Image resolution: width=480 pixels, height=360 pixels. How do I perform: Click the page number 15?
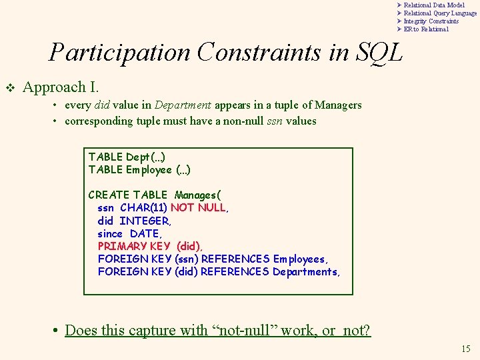(465, 349)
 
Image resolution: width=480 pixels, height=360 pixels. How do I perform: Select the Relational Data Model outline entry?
(434, 5)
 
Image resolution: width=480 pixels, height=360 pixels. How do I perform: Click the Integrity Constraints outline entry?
(431, 21)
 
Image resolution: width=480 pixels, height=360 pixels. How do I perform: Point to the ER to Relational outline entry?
(426, 29)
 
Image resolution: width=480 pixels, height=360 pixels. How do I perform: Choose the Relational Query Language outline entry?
(440, 13)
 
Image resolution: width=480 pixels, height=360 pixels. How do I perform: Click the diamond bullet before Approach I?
(10, 87)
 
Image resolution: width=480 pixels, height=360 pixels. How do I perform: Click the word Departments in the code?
(305, 271)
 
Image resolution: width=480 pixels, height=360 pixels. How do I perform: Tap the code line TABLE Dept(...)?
(127, 157)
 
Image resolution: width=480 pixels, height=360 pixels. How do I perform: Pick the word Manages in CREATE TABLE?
(198, 195)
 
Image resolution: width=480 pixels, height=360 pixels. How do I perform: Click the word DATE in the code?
(145, 233)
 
